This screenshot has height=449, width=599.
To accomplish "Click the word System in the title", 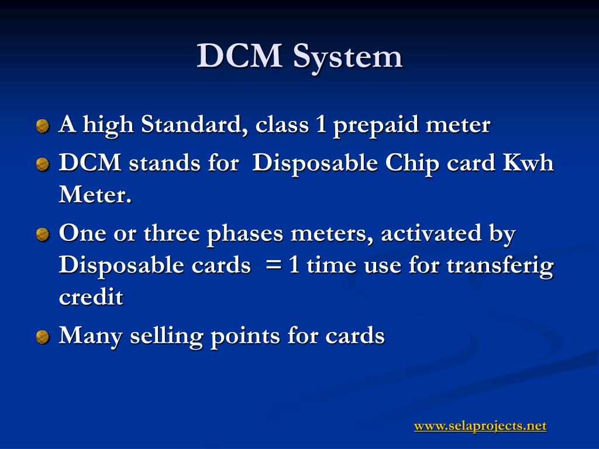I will point(347,57).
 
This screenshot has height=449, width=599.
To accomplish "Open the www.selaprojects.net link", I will point(480,426).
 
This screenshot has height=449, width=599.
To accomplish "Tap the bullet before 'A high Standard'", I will point(43,126).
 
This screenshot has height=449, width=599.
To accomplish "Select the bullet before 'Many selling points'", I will point(43,337).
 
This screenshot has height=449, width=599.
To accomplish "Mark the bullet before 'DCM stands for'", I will point(43,165).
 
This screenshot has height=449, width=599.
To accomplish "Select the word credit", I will point(91,297).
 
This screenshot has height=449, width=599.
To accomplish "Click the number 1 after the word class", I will point(321,125).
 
